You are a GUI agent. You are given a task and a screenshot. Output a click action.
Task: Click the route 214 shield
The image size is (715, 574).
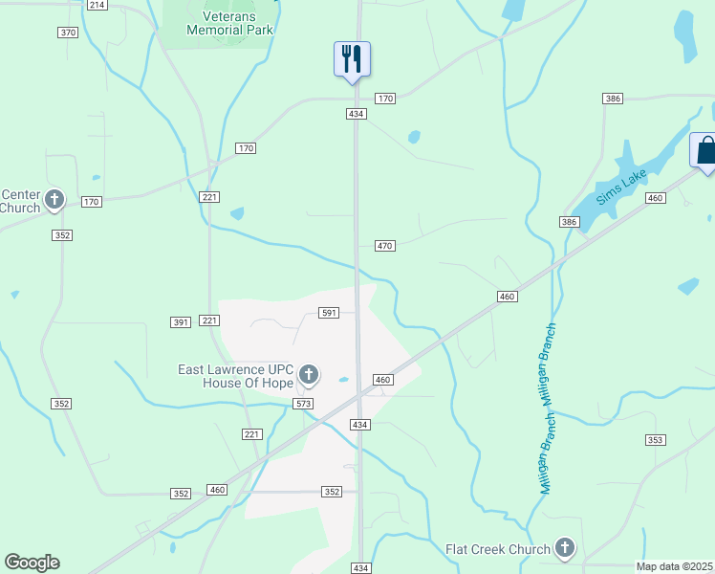[x=97, y=5]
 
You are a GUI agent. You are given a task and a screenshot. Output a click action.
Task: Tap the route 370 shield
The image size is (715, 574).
[x=67, y=33]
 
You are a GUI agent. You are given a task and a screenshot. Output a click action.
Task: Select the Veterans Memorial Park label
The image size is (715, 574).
[x=230, y=23]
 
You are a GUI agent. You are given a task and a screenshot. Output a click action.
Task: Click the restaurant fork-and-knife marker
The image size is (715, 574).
[x=352, y=59]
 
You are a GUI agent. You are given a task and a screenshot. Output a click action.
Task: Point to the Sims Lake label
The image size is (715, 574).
[x=622, y=187]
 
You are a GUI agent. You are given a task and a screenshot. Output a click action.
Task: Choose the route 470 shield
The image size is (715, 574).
[x=384, y=246]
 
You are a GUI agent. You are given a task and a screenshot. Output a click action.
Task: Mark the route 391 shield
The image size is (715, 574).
[x=181, y=322]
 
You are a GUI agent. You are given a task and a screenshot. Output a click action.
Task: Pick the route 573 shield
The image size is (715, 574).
[x=304, y=405]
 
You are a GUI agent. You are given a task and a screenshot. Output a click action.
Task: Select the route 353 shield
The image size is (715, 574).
[x=654, y=440]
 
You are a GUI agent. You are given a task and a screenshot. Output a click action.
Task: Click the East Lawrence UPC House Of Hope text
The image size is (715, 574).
[x=236, y=376]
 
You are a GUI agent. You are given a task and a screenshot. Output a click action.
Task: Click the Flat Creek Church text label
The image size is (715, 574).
[x=498, y=549]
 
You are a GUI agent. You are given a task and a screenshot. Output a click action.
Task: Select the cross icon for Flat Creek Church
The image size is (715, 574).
[x=565, y=548]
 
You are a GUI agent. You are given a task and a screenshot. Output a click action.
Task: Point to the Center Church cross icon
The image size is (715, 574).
[x=54, y=200]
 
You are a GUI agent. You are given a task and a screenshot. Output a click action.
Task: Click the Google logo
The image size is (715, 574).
[x=32, y=563]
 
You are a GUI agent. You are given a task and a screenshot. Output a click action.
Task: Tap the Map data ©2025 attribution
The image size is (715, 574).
[x=674, y=566]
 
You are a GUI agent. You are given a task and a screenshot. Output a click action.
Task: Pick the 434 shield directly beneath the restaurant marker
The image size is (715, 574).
[x=356, y=114]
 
